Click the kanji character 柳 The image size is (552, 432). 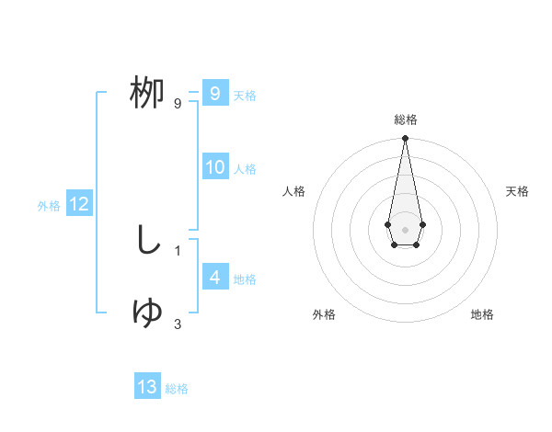pos(147,94)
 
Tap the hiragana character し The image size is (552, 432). pos(147,241)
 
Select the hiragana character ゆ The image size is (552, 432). pos(147,313)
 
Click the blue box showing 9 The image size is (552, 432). pos(214,94)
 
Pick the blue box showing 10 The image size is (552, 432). pos(214,168)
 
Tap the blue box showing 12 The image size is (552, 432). pos(79,205)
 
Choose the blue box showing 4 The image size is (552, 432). pos(214,279)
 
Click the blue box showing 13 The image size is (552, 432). pos(147,387)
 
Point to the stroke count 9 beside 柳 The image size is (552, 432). pos(177,104)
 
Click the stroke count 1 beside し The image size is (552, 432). pos(177,250)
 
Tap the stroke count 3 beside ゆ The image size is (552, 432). pos(177,324)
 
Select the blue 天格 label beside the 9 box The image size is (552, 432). pos(245,96)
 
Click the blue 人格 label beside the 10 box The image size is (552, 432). pos(245,169)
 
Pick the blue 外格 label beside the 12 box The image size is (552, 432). pos(49,206)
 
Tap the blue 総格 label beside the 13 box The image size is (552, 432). pos(177,389)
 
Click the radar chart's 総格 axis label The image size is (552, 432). pos(405,119)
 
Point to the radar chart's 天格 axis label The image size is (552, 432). pos(517,191)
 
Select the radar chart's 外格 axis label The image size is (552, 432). pos(324,314)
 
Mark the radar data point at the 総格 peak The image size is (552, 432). pos(405,139)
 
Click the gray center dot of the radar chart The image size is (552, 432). pos(405,229)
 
